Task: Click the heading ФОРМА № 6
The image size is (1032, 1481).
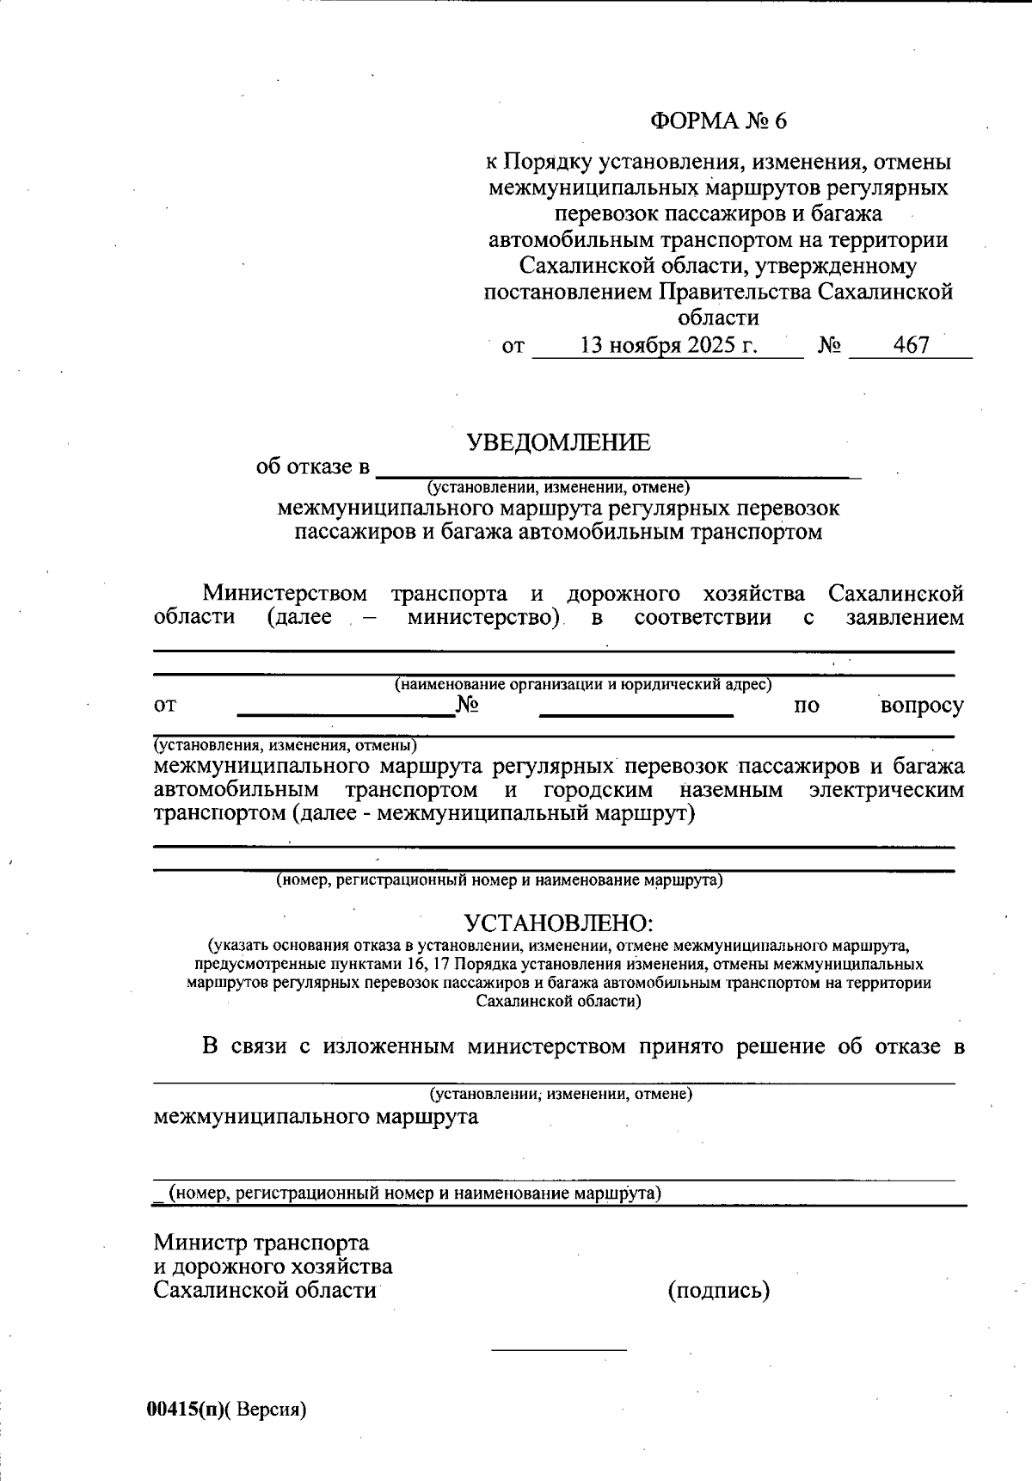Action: pyautogui.click(x=718, y=120)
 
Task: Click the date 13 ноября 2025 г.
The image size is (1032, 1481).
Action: pyautogui.click(x=668, y=346)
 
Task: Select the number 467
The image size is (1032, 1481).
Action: pyautogui.click(x=911, y=346)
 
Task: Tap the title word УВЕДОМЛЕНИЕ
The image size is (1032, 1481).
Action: pyautogui.click(x=558, y=443)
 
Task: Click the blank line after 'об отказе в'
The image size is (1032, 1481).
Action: pyautogui.click(x=619, y=472)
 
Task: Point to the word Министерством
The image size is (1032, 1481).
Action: pyautogui.click(x=285, y=594)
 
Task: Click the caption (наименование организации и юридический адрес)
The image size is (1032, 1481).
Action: pyautogui.click(x=582, y=685)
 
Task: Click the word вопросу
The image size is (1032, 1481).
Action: pyautogui.click(x=922, y=707)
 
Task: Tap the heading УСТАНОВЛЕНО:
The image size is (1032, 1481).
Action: pyautogui.click(x=559, y=923)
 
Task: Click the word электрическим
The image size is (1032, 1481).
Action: pyautogui.click(x=886, y=790)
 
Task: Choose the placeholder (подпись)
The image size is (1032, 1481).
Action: pyautogui.click(x=718, y=1291)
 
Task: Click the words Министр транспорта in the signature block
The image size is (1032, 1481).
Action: pyautogui.click(x=261, y=1243)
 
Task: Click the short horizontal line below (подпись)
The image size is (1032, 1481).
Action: pyautogui.click(x=558, y=1349)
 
